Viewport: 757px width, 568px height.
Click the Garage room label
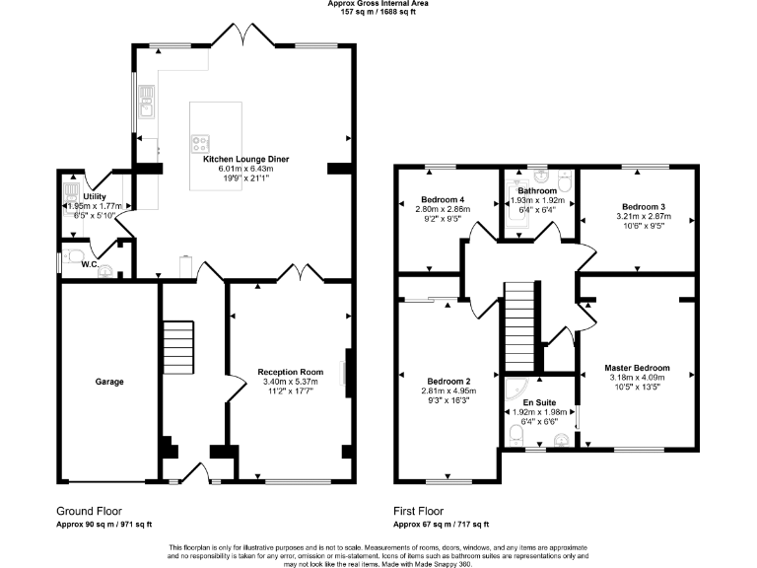point(108,381)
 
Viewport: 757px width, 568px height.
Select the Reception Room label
point(291,372)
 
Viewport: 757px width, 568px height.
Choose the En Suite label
point(538,402)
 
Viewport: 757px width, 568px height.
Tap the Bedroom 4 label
point(443,199)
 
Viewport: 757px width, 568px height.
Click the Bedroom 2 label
point(448,382)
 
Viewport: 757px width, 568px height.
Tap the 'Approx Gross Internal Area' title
point(378,5)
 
